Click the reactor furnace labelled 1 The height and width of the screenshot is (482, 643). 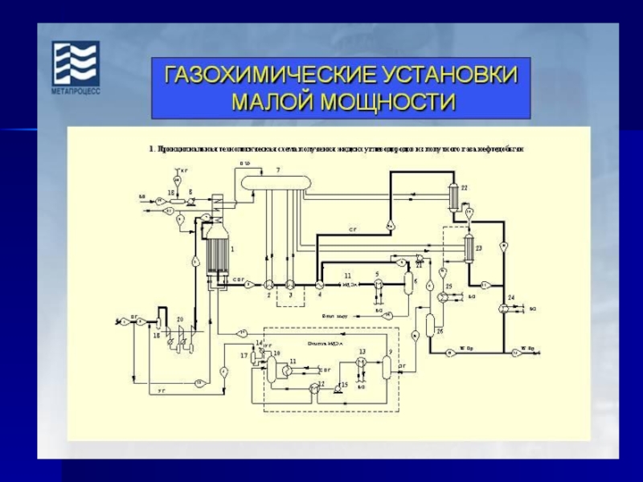pos(215,249)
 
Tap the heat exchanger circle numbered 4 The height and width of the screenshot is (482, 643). pos(319,284)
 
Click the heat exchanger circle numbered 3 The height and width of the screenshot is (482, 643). pos(292,284)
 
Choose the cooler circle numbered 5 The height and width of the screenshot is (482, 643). pos(377,284)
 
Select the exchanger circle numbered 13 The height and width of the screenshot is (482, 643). pos(362,363)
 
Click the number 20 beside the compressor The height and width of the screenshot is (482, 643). pos(180,320)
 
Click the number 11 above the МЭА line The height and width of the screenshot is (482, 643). pos(348,276)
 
